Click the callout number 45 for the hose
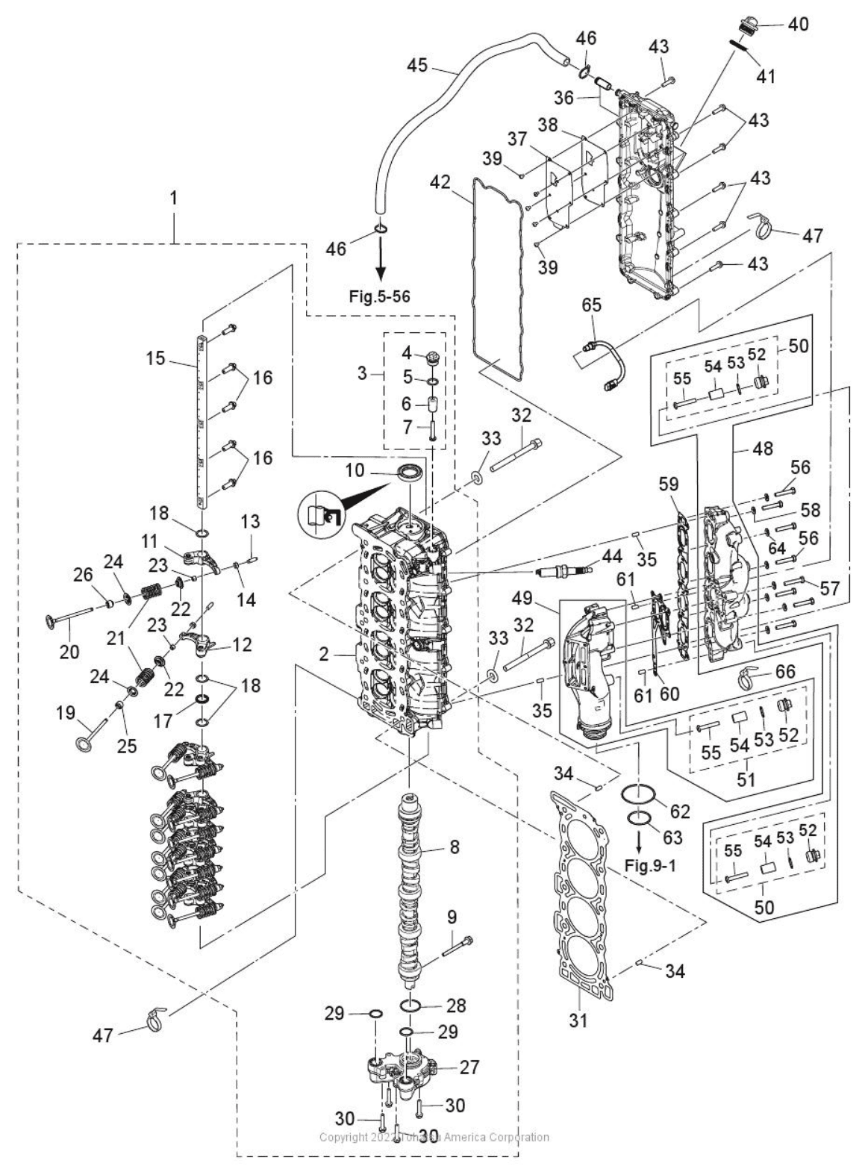tap(417, 65)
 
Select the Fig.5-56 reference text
tap(379, 296)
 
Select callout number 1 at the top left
tap(174, 199)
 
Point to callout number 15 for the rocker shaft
tap(155, 358)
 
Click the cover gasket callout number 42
tap(441, 182)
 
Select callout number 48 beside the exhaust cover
tap(763, 449)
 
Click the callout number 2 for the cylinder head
tap(323, 655)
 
